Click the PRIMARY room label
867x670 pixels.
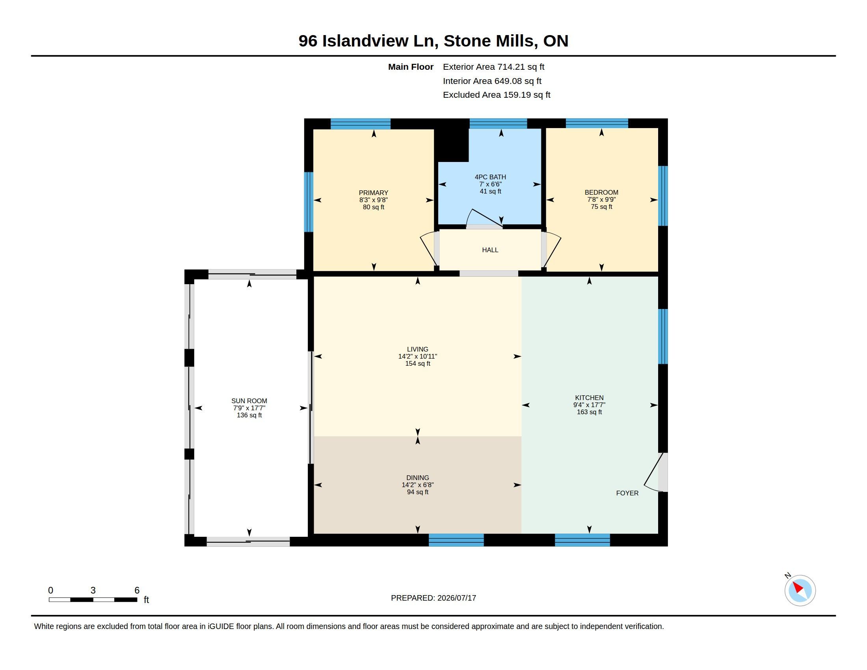click(373, 193)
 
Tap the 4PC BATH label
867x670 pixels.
click(490, 177)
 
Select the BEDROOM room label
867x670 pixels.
click(601, 192)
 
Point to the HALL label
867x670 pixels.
click(490, 250)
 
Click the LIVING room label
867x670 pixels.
click(418, 349)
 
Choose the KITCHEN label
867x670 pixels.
click(589, 398)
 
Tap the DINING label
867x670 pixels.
click(418, 478)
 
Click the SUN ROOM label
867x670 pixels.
click(249, 401)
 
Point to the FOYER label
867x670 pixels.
click(627, 493)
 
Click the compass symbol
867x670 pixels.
click(800, 591)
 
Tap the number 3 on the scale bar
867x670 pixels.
click(93, 590)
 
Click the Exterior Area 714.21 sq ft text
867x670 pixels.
click(493, 67)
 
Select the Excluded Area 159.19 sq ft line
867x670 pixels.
click(496, 95)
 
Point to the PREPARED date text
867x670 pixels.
click(433, 598)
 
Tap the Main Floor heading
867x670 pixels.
click(411, 67)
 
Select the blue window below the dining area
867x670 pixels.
click(456, 540)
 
